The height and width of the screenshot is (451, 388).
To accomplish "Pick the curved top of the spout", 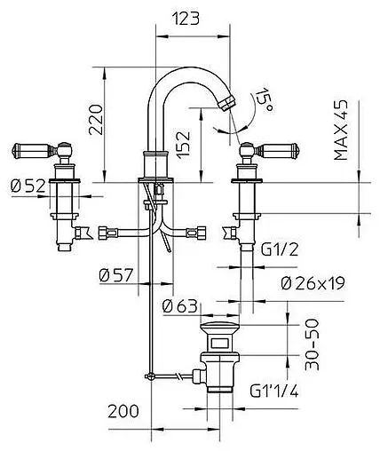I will tap(181, 79).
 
